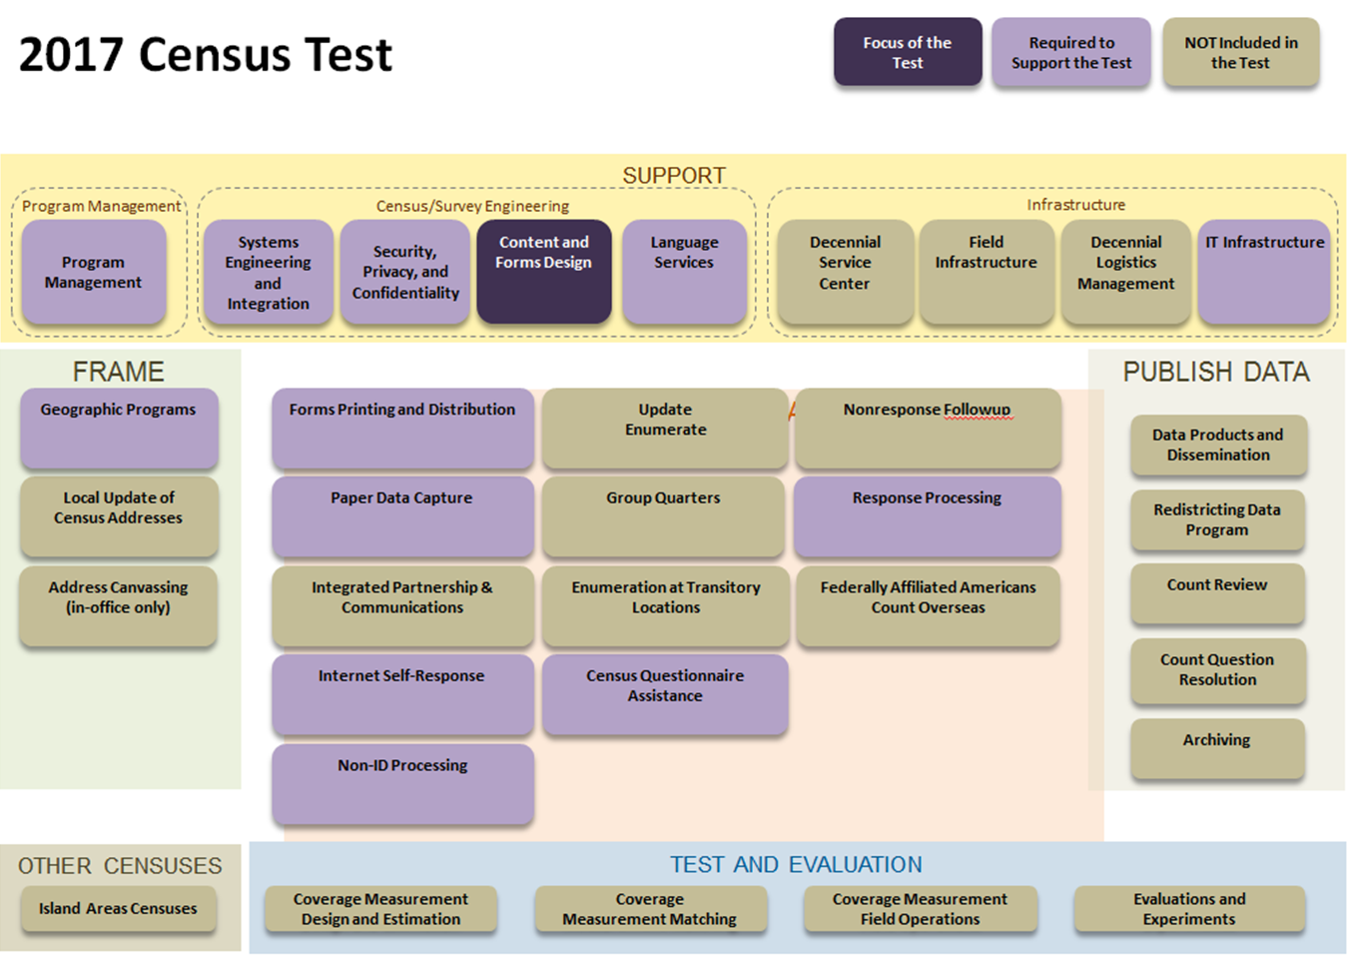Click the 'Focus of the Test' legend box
908,52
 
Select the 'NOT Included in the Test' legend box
1240,52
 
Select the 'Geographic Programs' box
118,429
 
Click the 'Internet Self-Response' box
401,694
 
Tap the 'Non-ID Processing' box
402,784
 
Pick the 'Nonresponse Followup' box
927,429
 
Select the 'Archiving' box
1216,748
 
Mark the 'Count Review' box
1216,593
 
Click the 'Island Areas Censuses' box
118,909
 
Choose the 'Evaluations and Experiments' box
1189,909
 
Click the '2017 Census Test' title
206,54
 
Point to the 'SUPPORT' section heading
674,176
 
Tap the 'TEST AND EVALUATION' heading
796,865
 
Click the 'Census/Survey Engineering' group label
472,206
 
